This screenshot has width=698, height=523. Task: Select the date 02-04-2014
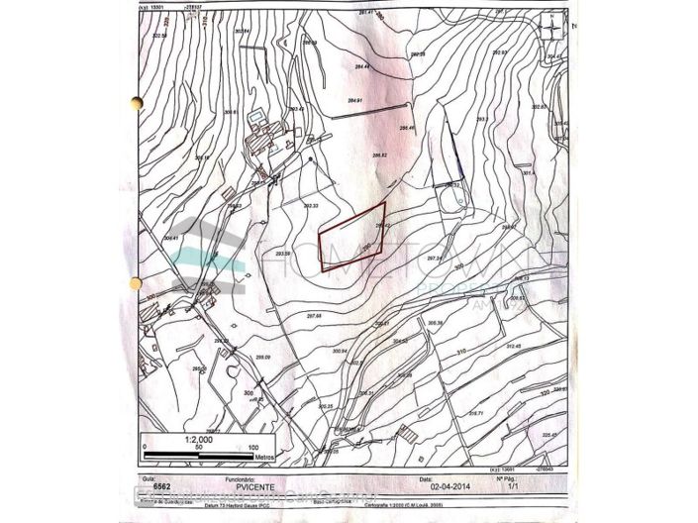(x=446, y=487)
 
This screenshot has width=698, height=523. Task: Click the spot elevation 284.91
(x=356, y=101)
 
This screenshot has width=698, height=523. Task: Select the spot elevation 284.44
(x=360, y=66)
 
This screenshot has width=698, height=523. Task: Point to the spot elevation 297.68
(x=316, y=315)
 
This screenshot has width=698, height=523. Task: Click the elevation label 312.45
(x=513, y=347)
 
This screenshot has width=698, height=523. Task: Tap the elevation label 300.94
(x=342, y=350)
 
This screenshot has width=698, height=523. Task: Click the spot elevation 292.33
(x=310, y=205)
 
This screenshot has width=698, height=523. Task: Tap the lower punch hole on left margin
(x=136, y=283)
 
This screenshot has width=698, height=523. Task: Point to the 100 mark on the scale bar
(x=262, y=447)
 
